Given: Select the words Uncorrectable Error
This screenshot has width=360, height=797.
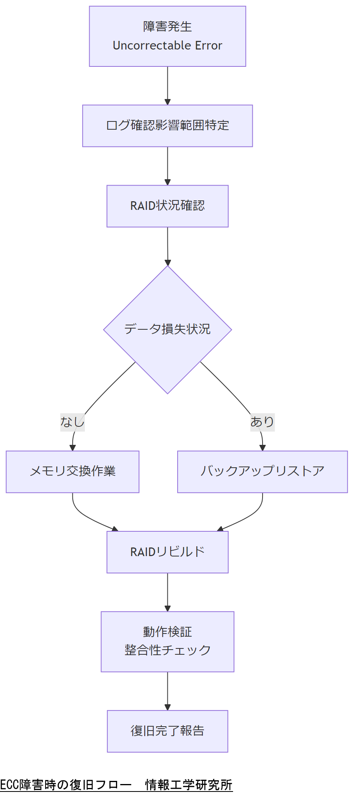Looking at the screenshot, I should click(167, 46).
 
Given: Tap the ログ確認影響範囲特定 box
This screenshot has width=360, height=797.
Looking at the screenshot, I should click(167, 126).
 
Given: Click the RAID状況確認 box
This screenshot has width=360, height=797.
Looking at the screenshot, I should click(167, 206).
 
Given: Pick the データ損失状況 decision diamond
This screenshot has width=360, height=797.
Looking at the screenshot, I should click(167, 329).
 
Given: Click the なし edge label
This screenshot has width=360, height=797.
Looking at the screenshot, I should click(72, 422).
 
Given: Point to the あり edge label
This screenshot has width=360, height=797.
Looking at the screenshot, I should click(262, 422).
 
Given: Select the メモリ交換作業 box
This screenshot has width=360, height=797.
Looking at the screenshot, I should click(72, 472).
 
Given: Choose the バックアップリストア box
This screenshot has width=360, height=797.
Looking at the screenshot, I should click(262, 472).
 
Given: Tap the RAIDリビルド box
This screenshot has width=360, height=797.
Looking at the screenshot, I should click(167, 552).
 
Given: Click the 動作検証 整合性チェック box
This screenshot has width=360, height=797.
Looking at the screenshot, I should click(167, 641).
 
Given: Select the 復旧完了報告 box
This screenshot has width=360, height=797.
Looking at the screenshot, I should click(167, 731).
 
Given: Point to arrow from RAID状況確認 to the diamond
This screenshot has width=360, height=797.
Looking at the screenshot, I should click(167, 246).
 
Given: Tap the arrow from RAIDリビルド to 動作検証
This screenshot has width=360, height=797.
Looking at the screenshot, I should click(167, 592).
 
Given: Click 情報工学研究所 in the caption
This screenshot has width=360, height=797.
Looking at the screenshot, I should click(189, 785).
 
